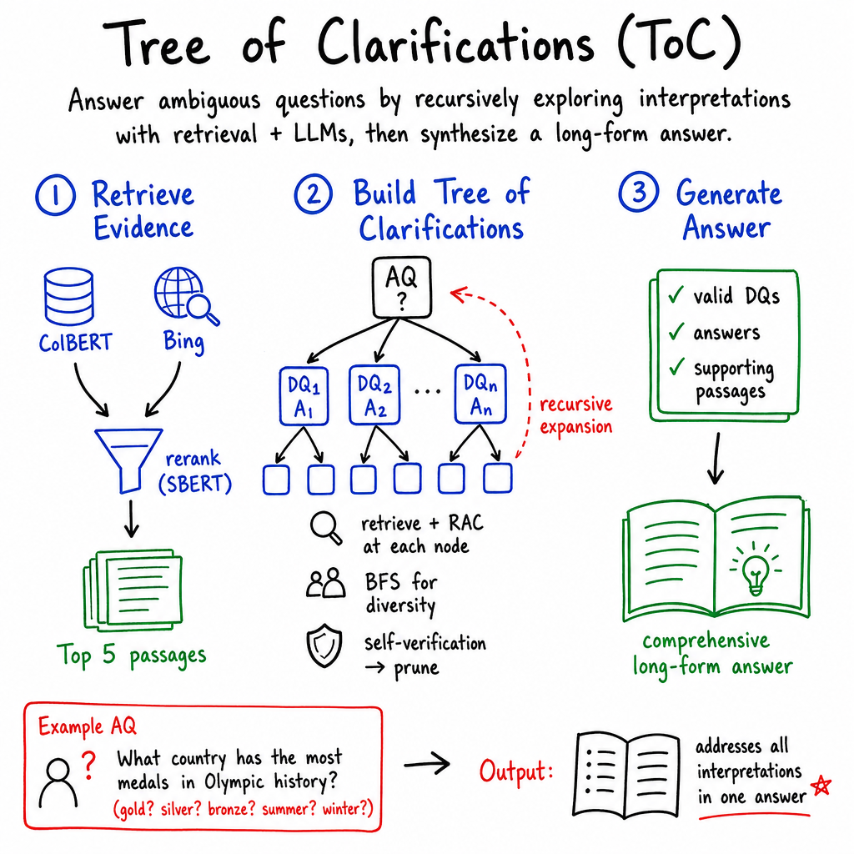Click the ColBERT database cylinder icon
tap(68, 296)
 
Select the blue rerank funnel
tap(128, 460)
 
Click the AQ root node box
tap(402, 287)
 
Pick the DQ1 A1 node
tap(304, 396)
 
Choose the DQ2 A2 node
tap(374, 394)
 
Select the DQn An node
tap(480, 394)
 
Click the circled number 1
tap(56, 195)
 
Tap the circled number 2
tap(314, 193)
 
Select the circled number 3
tap(639, 192)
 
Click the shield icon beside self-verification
tap(324, 646)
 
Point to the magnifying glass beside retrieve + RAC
tap(326, 527)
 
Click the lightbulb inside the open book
tap(756, 568)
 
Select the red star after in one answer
tap(821, 786)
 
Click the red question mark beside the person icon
tap(88, 766)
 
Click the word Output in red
tap(515, 771)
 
